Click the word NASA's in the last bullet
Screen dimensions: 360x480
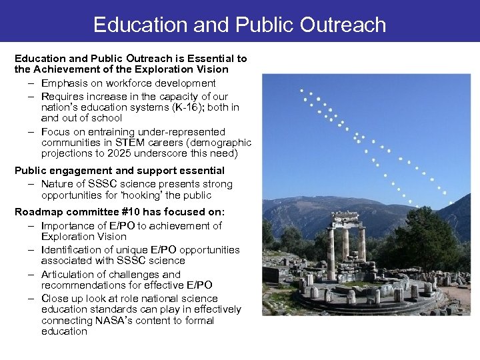[x=115, y=321]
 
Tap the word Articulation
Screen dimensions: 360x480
[x=69, y=274]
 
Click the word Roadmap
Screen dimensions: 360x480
[x=40, y=211]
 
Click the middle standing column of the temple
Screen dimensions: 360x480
[x=346, y=250]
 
